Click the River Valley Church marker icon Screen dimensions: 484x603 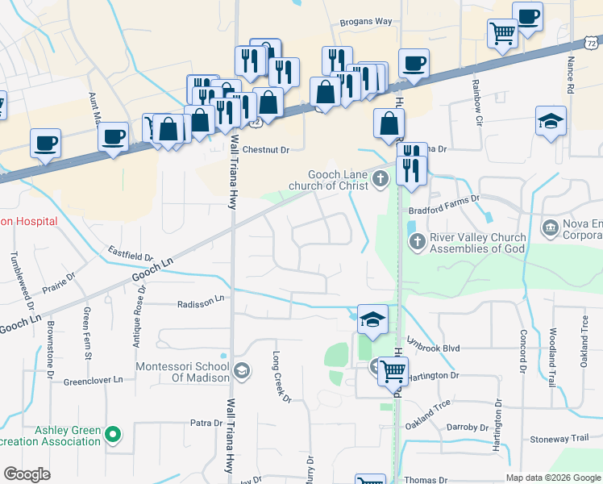tap(417, 240)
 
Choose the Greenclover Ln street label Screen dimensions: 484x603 tap(93, 380)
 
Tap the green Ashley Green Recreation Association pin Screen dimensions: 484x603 tap(113, 436)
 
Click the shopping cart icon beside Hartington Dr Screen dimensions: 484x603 tap(393, 372)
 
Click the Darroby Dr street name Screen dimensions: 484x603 tap(467, 428)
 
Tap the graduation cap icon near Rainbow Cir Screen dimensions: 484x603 tap(551, 121)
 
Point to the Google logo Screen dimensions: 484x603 tap(27, 474)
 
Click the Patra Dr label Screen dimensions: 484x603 tap(206, 423)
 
